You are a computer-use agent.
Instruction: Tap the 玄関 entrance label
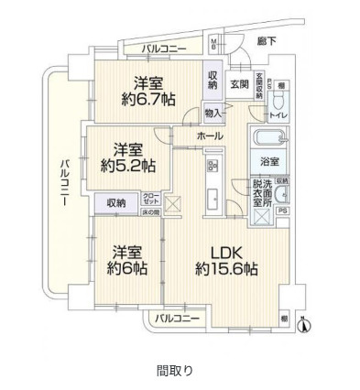pyautogui.click(x=238, y=84)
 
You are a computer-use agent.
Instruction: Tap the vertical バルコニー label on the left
pyautogui.click(x=65, y=184)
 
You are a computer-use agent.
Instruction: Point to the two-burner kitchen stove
pyautogui.click(x=211, y=165)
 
